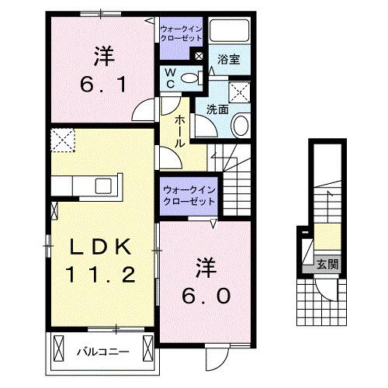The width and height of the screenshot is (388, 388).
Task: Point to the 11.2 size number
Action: point(101,274)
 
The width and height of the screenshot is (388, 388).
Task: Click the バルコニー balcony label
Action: point(102,352)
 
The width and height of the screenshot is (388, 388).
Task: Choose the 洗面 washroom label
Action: point(217,109)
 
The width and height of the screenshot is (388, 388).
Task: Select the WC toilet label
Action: point(170,78)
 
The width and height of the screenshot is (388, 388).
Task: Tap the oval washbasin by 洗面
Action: point(241,125)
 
